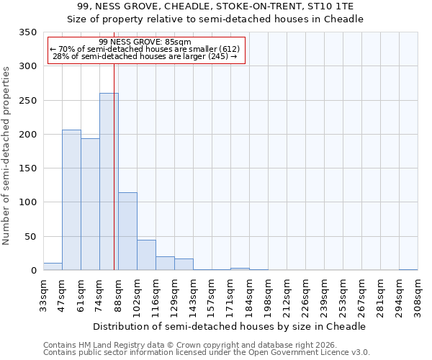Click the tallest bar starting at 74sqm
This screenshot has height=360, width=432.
[x=109, y=181]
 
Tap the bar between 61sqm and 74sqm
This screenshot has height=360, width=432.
[x=90, y=204]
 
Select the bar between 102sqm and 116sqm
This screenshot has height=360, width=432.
[x=146, y=255]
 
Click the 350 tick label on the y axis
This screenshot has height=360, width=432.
[x=27, y=32]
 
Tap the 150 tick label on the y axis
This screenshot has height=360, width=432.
[x=27, y=168]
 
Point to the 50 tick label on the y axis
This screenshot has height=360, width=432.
[x=30, y=236]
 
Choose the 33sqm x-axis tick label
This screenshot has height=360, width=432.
[x=43, y=295]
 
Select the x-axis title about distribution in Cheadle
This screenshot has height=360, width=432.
[x=230, y=326]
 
